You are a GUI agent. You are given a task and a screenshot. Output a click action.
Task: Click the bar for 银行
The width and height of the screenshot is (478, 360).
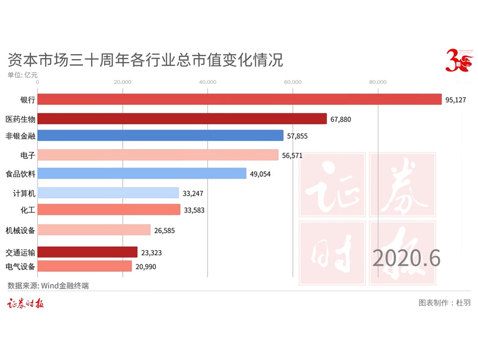coord(239,99)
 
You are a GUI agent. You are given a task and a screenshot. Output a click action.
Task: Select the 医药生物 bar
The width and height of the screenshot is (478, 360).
coord(182,119)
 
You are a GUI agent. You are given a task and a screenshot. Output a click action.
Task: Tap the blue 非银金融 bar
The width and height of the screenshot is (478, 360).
coord(160,136)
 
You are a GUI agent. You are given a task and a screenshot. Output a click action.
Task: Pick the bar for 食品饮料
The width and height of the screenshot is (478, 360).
coord(142,174)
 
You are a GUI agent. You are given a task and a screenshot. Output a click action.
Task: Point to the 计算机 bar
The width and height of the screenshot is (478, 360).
coord(108,193)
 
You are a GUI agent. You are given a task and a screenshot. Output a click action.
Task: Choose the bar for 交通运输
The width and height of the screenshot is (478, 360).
coord(87,252)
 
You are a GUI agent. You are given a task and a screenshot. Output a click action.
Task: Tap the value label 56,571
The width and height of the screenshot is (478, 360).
coord(292,155)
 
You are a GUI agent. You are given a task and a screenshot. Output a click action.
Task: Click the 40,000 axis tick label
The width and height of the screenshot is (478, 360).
coord(208,82)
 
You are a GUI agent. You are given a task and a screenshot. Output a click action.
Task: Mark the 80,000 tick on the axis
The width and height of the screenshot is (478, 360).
coord(378,82)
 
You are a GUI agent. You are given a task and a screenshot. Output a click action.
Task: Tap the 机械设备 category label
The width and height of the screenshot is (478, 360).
coord(20,230)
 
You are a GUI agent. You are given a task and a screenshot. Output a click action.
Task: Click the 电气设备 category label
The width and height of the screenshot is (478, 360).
coord(20,266)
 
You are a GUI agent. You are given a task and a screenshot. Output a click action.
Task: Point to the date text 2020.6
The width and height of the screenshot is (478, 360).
coord(406,257)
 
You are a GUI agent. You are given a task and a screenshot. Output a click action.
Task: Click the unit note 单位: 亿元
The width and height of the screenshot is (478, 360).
coord(23,74)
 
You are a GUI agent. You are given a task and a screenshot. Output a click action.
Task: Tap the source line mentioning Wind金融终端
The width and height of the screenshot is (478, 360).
coord(48,286)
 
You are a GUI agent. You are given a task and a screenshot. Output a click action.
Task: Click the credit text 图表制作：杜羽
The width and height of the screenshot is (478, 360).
coord(445,303)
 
